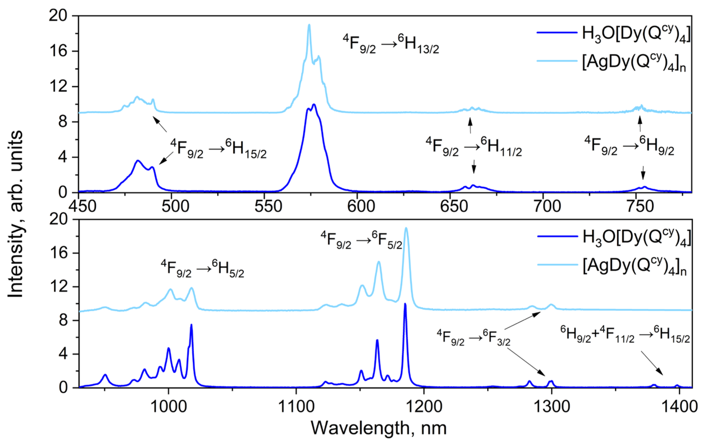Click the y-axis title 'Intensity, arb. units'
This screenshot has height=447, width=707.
(15, 214)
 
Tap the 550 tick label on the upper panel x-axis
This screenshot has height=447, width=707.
(268, 206)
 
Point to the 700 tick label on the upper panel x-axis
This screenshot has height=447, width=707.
(547, 206)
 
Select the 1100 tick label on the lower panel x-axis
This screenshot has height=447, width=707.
(296, 407)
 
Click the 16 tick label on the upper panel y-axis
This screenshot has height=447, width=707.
(58, 51)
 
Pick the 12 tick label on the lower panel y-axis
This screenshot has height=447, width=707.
(58, 287)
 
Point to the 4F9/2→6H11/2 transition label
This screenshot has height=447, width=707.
(474, 147)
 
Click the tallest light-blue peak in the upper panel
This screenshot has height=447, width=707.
(309, 25)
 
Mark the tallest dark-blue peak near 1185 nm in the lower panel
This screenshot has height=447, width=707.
(405, 304)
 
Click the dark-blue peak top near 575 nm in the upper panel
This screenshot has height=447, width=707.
(314, 105)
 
